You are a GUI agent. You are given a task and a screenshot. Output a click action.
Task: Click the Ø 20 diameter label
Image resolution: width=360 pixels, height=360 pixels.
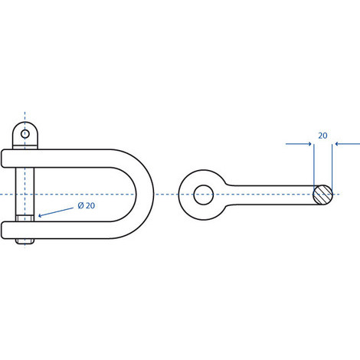[x=87, y=205]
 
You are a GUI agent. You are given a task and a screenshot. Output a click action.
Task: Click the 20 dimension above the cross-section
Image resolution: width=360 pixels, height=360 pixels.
[x=322, y=136]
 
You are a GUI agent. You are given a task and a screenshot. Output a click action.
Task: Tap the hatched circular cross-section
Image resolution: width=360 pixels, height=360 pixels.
[x=323, y=195]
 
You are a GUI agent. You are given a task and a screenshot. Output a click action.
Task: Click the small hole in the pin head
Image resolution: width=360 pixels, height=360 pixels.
[x=25, y=133]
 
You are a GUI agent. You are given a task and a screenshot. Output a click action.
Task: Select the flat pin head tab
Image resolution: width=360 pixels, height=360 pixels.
[x=25, y=135]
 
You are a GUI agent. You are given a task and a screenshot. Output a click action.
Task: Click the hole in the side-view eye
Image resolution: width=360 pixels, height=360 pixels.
[x=204, y=195]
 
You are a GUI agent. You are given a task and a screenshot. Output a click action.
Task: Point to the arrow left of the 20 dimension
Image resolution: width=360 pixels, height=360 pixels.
[x=299, y=144]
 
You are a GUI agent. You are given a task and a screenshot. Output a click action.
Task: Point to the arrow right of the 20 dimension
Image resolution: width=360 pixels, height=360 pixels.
[x=347, y=144]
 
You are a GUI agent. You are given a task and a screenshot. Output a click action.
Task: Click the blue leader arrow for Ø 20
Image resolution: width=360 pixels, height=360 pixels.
[x=56, y=212]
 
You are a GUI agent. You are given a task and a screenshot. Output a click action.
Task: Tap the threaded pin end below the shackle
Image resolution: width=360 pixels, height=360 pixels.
[x=25, y=241]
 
